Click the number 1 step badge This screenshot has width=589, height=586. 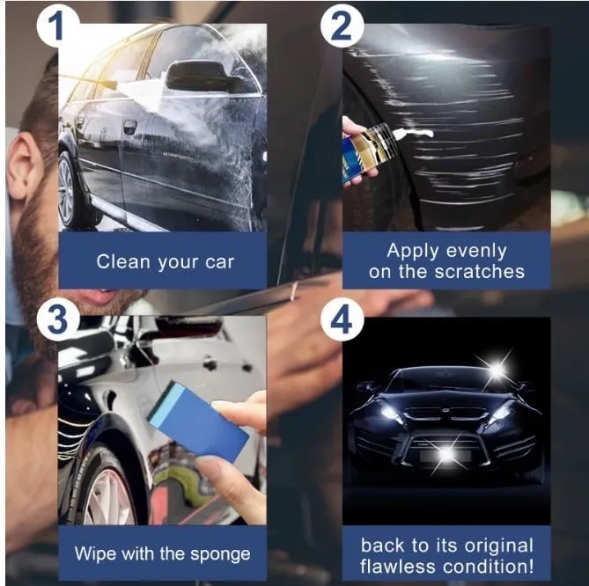coord(57,26)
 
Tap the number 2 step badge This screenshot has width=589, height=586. coord(342,26)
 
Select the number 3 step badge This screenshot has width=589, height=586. coord(57,320)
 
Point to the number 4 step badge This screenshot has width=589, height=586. coord(342,320)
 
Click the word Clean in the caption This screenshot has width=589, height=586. coord(123,261)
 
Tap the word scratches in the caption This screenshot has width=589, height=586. coord(479,272)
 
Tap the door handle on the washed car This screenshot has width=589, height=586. coord(130,126)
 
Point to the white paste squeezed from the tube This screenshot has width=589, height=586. coord(415,132)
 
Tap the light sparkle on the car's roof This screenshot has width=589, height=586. coord(497,370)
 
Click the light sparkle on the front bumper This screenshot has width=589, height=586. coord(447,454)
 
